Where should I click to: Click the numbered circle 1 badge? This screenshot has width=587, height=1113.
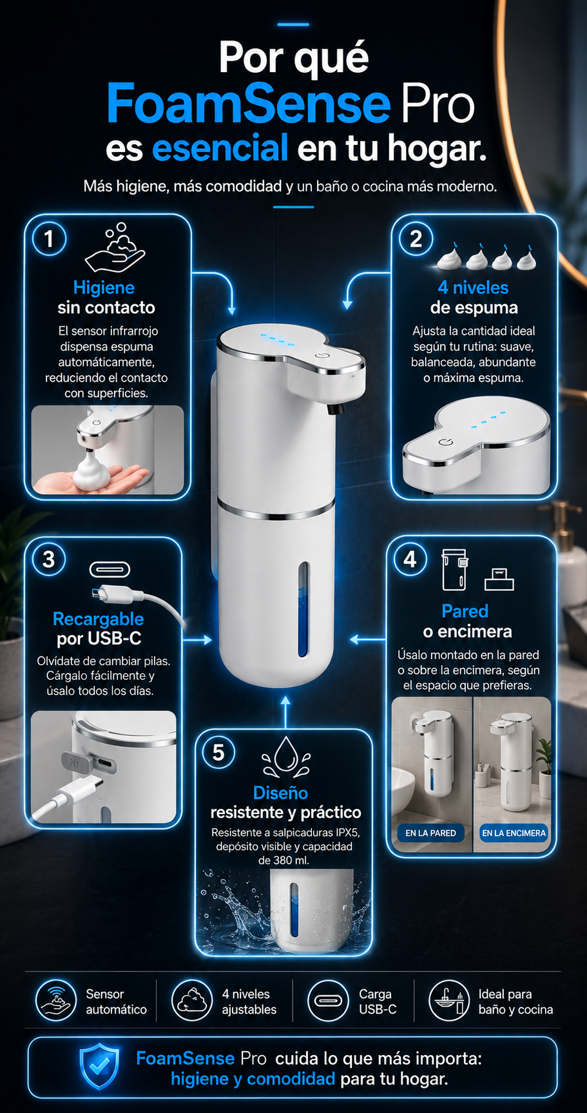(x=49, y=239)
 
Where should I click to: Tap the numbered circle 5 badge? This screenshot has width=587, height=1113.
(x=218, y=752)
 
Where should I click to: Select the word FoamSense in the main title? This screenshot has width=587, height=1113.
(x=249, y=103)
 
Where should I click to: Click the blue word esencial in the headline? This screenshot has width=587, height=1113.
(x=220, y=148)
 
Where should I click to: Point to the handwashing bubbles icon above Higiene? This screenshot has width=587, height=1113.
(x=115, y=247)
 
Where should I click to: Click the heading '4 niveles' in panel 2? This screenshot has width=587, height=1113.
(x=473, y=287)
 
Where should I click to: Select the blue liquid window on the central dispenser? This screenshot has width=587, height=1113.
(x=303, y=609)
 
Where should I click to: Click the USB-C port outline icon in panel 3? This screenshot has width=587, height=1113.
(x=109, y=570)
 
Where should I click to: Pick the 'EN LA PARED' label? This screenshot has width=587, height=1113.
(x=430, y=833)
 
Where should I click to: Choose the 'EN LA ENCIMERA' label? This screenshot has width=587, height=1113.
(x=514, y=833)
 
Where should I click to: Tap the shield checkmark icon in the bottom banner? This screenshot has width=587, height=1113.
(x=99, y=1067)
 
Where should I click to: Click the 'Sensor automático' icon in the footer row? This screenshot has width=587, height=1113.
(x=57, y=1001)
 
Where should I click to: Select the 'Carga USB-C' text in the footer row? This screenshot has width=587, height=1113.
(x=378, y=1002)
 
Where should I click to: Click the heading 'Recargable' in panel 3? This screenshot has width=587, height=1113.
(x=98, y=619)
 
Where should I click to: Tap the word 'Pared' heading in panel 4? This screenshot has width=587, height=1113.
(x=465, y=611)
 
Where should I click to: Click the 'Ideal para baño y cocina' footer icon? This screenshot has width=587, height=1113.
(x=449, y=1001)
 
